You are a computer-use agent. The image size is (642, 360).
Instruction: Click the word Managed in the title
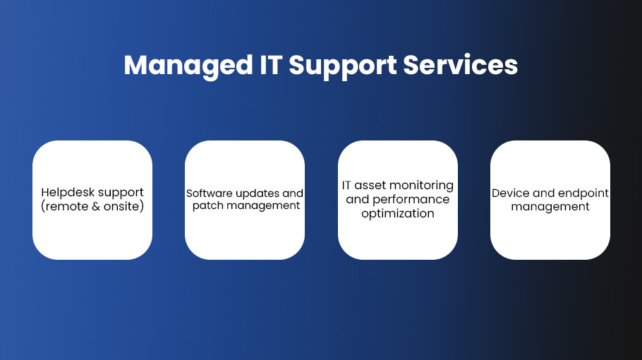click(188, 66)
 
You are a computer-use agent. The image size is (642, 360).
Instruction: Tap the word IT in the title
click(271, 65)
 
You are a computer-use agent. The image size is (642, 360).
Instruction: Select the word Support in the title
click(343, 66)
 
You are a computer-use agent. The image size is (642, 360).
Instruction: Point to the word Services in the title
click(461, 65)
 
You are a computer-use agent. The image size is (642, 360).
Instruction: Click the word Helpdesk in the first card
click(68, 193)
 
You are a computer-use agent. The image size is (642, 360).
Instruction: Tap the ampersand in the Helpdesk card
click(96, 206)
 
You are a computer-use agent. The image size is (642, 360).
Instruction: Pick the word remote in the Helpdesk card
click(65, 206)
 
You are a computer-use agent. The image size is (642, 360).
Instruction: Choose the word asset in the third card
click(370, 186)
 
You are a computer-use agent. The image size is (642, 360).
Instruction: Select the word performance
click(411, 200)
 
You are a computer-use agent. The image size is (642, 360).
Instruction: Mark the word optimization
click(398, 214)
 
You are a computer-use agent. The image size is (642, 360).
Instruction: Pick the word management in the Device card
click(550, 207)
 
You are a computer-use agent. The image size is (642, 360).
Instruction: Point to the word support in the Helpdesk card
click(121, 193)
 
